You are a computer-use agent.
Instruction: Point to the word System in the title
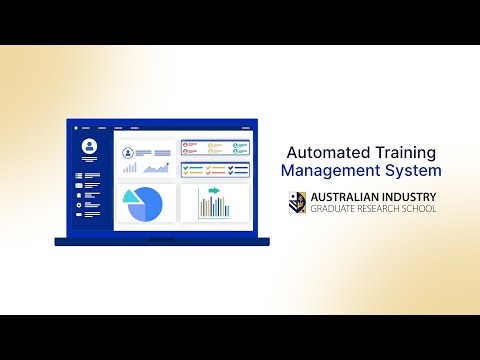coord(410,171)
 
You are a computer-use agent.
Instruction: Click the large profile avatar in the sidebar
coord(89,147)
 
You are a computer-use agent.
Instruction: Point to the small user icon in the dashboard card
coord(128,153)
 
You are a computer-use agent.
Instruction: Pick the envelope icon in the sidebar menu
coord(79,185)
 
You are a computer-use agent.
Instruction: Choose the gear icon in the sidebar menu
coord(79,204)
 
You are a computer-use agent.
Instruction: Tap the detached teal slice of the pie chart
coord(131,196)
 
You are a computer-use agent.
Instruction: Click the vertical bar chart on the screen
coord(214,206)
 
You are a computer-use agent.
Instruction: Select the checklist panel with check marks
coord(215,169)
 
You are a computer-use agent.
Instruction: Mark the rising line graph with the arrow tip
coord(157,167)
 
